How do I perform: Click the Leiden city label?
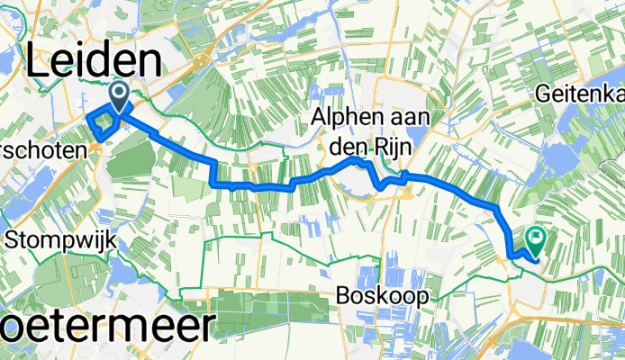pyautogui.click(x=94, y=62)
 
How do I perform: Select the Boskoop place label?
pyautogui.click(x=385, y=295)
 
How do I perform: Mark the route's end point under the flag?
pyautogui.click(x=538, y=262)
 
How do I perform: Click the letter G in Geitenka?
pyautogui.click(x=544, y=93)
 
